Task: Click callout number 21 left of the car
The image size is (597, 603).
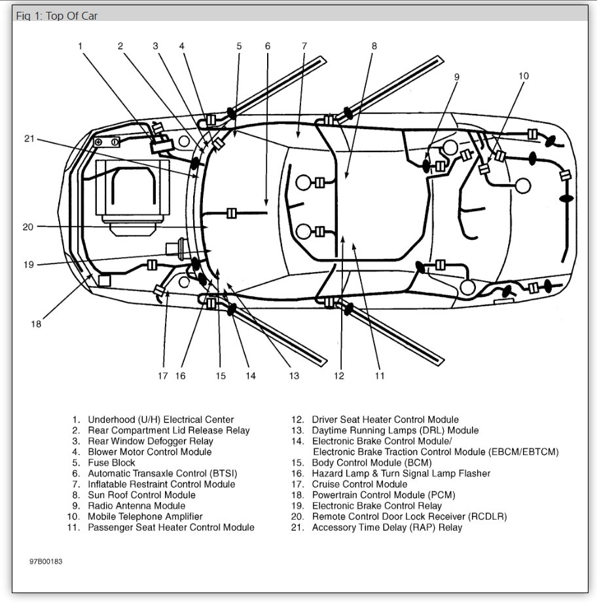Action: click(27, 138)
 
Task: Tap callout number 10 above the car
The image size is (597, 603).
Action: click(523, 76)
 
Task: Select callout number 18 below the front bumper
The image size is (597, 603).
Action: click(35, 324)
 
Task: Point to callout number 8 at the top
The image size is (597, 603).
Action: click(374, 46)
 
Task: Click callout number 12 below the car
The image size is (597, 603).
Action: click(338, 376)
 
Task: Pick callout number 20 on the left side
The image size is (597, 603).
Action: click(27, 227)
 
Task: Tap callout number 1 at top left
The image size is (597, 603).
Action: click(80, 46)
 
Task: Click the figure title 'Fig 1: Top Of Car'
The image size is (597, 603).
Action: click(57, 15)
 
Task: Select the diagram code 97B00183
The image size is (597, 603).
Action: click(45, 562)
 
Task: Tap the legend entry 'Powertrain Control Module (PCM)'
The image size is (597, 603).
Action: click(383, 495)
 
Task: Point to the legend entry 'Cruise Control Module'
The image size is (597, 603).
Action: click(359, 484)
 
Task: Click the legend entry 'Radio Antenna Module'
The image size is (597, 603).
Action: click(136, 506)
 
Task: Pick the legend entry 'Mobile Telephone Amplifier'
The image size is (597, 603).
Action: click(145, 516)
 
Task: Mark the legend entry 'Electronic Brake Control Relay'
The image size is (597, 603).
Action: click(376, 506)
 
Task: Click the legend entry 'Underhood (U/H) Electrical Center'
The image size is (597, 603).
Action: click(160, 419)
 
